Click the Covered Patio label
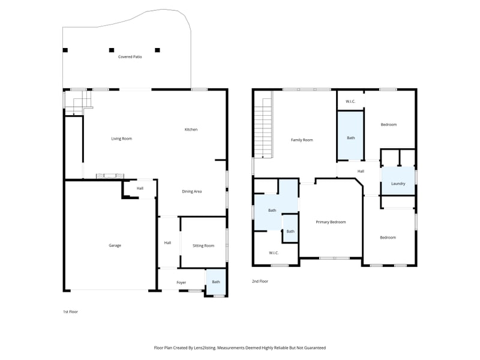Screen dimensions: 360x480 [x=130, y=57]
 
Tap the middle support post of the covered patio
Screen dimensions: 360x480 [x=111, y=50]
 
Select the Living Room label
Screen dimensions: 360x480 [x=121, y=139]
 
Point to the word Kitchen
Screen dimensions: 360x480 [x=191, y=130]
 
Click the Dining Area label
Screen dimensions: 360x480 [x=191, y=191]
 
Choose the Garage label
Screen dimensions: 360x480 [x=115, y=245]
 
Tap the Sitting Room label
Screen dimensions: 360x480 [x=203, y=245]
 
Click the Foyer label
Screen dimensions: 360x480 [x=181, y=282]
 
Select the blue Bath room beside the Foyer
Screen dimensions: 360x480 [x=216, y=283]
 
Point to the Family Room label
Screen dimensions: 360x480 [x=302, y=140]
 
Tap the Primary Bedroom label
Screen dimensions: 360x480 [x=331, y=222]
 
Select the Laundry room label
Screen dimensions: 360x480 [x=398, y=184]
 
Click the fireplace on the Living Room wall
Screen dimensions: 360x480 [x=110, y=176]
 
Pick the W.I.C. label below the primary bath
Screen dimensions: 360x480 [x=274, y=253]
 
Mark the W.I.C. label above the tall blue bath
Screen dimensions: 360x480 [x=350, y=101]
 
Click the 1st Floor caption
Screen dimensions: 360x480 [x=71, y=311]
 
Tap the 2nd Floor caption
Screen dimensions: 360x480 [x=260, y=281]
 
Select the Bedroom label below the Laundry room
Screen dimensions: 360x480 [x=388, y=238]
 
